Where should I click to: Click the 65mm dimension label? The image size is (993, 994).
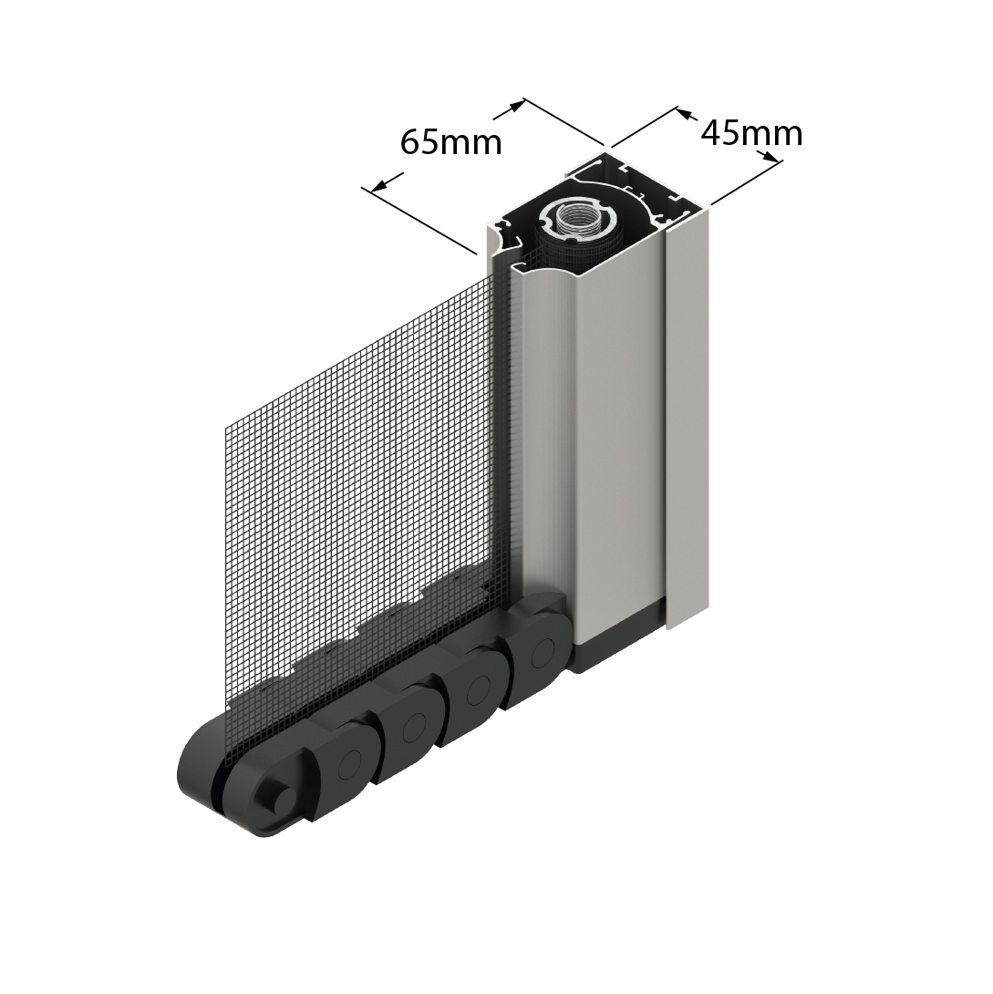[451, 142]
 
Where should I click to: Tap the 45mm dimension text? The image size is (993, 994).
[751, 134]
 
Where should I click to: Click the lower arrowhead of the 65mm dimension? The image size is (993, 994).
[379, 184]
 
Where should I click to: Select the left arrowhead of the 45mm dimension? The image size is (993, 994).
[684, 114]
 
